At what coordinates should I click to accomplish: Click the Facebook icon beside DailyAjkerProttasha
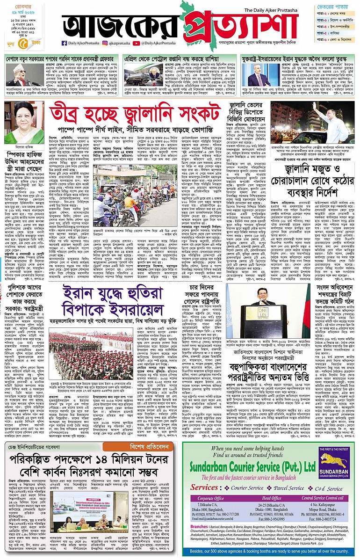coord(65,43)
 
